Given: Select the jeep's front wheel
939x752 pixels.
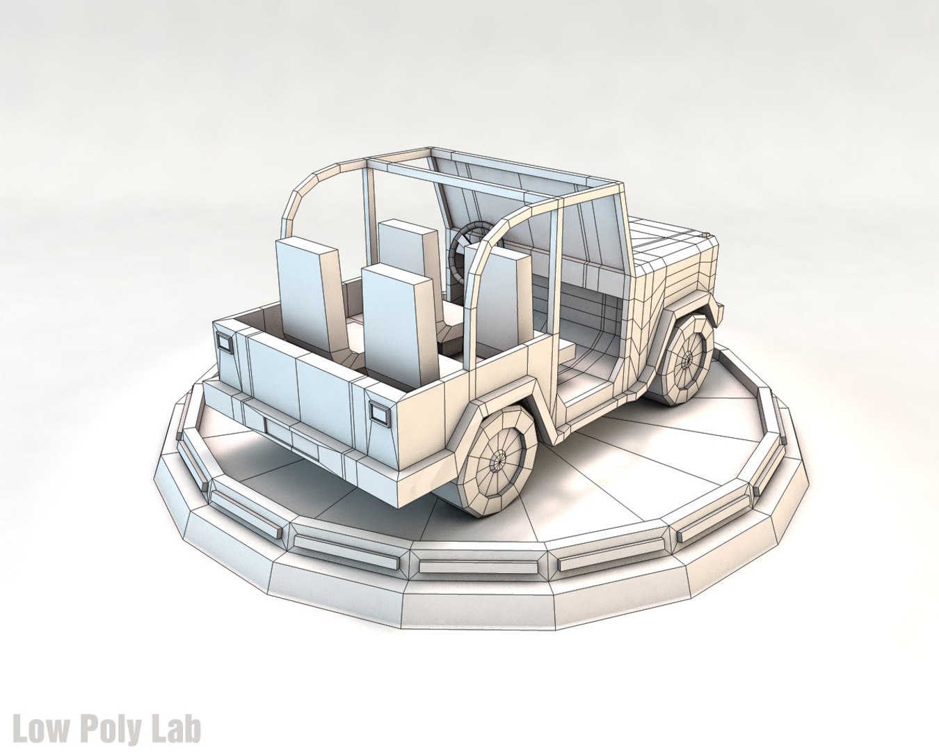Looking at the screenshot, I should coord(685,359).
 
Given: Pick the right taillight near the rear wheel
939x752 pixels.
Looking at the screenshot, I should coord(380,413).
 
